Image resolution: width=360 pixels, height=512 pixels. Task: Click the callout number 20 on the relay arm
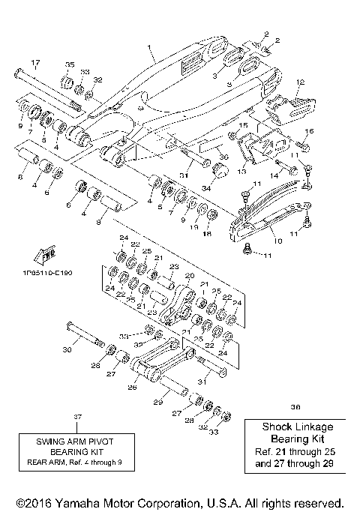pos(189,275)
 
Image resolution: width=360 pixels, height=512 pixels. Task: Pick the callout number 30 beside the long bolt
pos(67,349)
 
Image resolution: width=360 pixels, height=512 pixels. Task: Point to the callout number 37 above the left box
pos(76,416)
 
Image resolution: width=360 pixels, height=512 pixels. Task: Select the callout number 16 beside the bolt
pos(309,131)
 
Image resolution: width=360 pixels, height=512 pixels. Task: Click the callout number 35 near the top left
pos(70,64)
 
